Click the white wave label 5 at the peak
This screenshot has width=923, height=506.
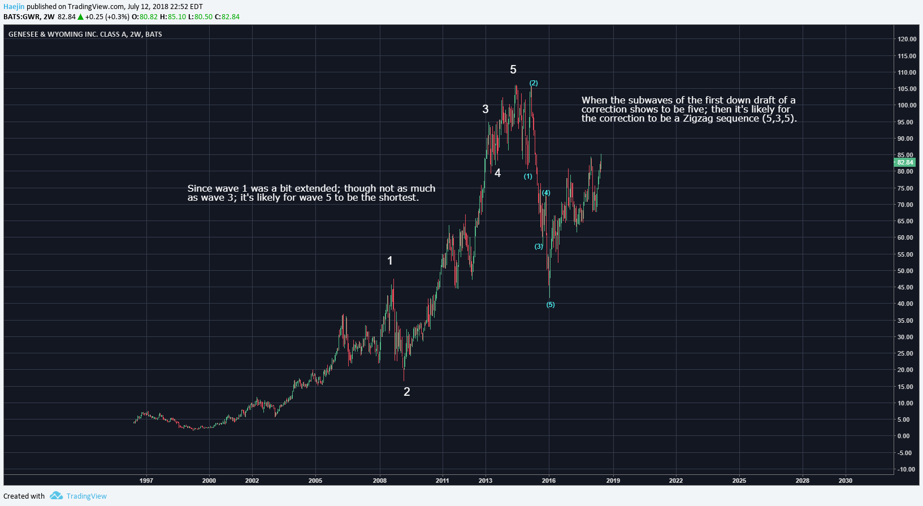(513, 70)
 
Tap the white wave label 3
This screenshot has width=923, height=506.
(485, 109)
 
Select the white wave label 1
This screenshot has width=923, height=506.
(390, 261)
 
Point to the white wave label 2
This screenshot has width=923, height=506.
(406, 392)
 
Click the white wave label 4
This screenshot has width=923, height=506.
(497, 173)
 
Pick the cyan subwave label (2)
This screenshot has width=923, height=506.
(534, 83)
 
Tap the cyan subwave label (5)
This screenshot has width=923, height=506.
(551, 305)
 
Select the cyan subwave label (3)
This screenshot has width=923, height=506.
(539, 246)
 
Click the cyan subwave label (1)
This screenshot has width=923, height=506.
(528, 176)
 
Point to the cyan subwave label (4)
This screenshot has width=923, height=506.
(546, 193)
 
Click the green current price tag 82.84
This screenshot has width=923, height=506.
(905, 162)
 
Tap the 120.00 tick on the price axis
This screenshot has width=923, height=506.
(907, 39)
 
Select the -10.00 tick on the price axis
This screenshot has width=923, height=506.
(906, 469)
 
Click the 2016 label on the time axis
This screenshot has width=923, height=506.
(549, 481)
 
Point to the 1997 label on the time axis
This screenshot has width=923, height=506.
(146, 481)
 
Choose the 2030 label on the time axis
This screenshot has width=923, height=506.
(846, 481)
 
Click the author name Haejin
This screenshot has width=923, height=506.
(14, 7)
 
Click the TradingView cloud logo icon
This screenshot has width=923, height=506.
(56, 496)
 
